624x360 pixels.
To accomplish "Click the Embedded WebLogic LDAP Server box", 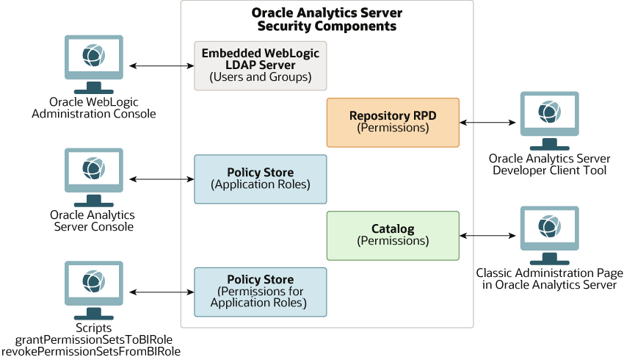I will tap(261, 65).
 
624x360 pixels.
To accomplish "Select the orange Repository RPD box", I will tap(393, 122).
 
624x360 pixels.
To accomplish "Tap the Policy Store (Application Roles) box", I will tap(261, 179).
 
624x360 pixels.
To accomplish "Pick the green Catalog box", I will tap(393, 235).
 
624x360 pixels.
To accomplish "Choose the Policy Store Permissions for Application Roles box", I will tap(261, 292).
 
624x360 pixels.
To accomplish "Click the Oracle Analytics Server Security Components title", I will tap(327, 20).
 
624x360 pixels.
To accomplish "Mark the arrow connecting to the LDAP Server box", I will tap(162, 66).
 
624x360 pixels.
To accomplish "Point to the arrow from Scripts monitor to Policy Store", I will tap(162, 292).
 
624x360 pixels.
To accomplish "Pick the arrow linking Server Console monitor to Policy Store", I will tap(162, 179).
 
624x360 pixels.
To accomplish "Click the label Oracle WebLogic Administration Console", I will tap(93, 107).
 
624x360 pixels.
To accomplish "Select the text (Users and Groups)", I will tap(261, 77).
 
